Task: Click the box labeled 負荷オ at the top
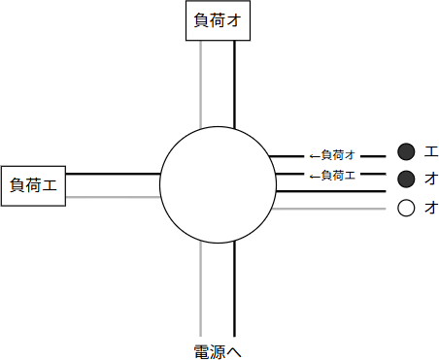click(218, 21)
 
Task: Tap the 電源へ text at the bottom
click(218, 351)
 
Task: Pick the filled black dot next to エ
click(406, 150)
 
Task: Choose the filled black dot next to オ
click(406, 179)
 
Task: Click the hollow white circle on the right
click(406, 208)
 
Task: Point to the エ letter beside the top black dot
click(430, 150)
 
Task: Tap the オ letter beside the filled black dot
click(430, 179)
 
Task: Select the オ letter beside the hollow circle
click(430, 208)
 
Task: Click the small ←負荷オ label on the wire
click(331, 155)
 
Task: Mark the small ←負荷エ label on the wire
click(331, 175)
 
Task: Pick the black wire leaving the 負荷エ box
click(112, 174)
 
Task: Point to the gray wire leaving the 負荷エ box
click(112, 197)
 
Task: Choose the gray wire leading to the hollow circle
click(330, 208)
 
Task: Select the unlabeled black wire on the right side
click(330, 191)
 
